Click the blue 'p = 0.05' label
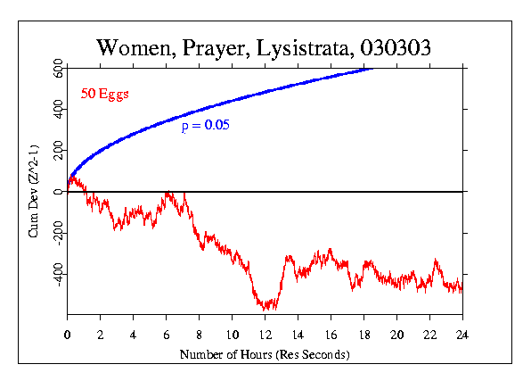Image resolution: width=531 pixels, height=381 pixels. [x=206, y=126]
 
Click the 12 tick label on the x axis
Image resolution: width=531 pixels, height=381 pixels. [x=265, y=335]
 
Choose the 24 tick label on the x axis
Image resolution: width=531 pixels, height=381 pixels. [x=462, y=335]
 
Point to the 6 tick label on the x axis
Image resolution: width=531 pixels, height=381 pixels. [x=166, y=335]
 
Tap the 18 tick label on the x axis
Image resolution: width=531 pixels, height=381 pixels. [x=364, y=335]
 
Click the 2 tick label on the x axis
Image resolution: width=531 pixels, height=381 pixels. [x=100, y=335]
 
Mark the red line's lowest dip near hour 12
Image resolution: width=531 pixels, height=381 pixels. [x=267, y=307]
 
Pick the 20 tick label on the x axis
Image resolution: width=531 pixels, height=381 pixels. [x=396, y=335]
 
